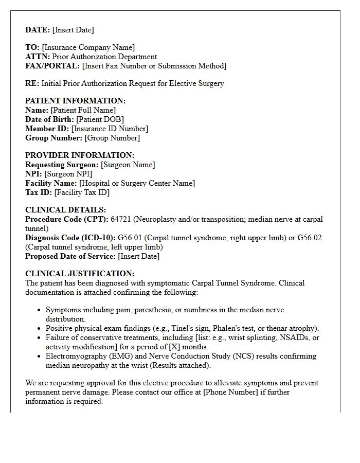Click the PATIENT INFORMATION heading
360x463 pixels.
tap(75, 101)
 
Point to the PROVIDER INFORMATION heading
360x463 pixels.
tap(80, 155)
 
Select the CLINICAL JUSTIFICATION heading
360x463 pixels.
tap(80, 274)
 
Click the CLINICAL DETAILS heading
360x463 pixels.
tap(66, 210)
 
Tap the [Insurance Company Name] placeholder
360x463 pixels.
tap(88, 47)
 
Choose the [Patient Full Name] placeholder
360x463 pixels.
tap(83, 110)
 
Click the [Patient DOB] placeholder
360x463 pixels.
tap(100, 119)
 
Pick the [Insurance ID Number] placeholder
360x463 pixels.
tap(110, 129)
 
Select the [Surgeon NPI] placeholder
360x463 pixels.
tap(68, 174)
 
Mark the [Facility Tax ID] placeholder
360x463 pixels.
tap(82, 192)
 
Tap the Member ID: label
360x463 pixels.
tap(47, 129)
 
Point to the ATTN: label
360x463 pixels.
tap(38, 57)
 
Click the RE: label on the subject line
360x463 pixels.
tap(32, 83)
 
